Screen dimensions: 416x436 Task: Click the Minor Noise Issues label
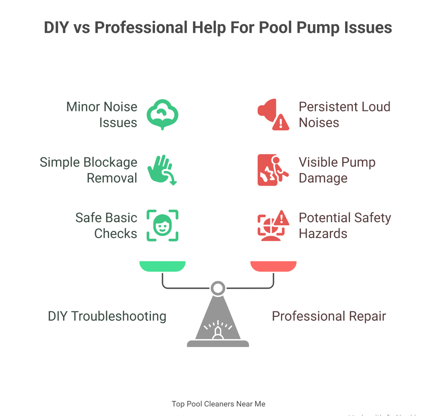point(102,115)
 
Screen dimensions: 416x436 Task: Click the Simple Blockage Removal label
point(88,170)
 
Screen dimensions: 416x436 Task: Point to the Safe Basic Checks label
point(106,226)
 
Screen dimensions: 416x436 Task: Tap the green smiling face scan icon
point(163,226)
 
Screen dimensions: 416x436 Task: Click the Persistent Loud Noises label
point(344,115)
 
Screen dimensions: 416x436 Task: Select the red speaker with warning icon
point(273,115)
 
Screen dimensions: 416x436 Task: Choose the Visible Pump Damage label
point(337,170)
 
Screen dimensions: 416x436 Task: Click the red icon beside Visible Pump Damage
point(273,170)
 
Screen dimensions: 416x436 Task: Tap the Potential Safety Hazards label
point(345,226)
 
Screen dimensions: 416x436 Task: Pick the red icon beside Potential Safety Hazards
point(273,226)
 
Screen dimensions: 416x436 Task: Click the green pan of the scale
point(163,266)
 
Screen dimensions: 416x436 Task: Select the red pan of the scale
point(273,266)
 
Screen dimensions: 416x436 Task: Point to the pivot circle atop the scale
point(218,288)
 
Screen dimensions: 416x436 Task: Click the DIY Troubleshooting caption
point(107,316)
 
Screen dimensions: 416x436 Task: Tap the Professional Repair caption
point(329,316)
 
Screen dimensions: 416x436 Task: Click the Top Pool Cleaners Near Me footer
point(218,404)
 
